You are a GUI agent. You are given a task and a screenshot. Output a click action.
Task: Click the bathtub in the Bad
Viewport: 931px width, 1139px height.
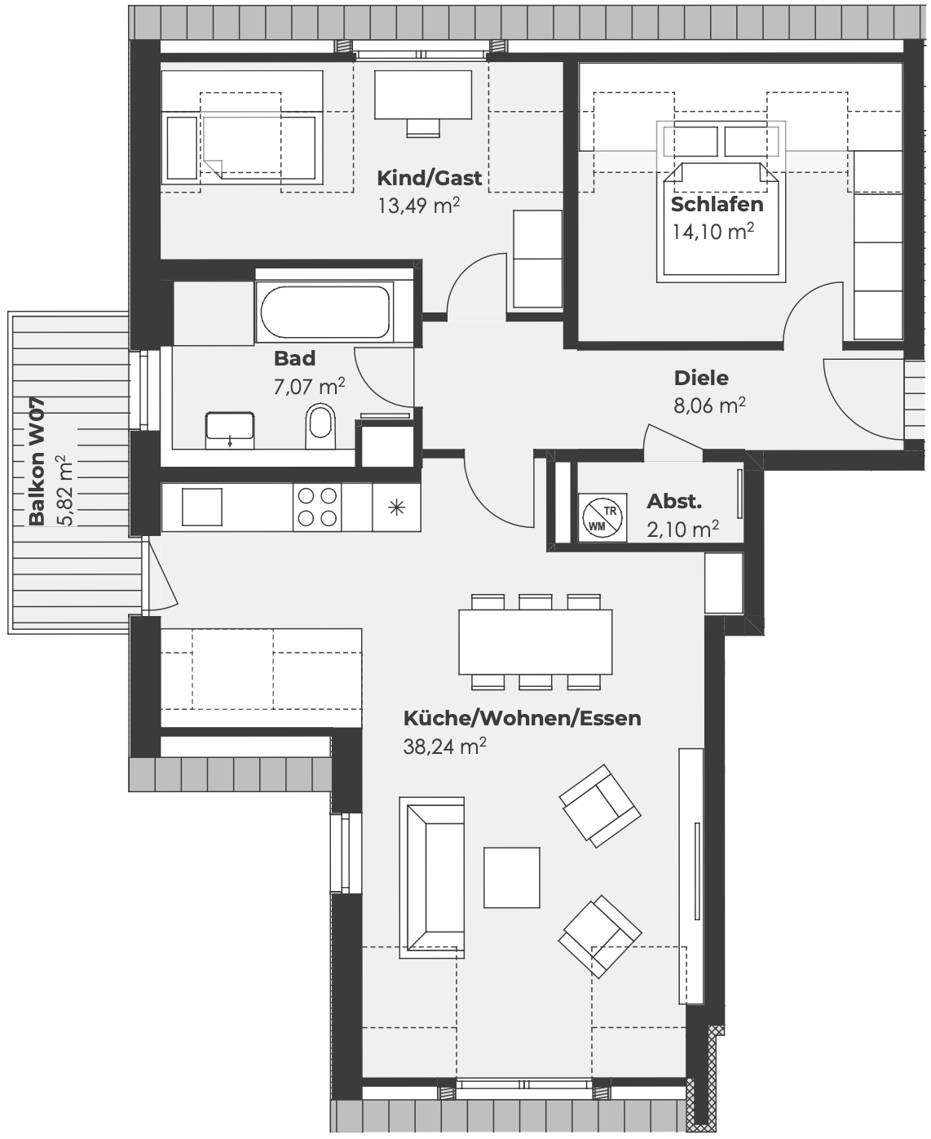(324, 312)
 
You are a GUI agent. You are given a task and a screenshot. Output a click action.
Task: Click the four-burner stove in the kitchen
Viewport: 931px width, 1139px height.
(317, 507)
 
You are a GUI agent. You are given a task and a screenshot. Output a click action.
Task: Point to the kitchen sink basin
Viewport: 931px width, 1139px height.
(202, 507)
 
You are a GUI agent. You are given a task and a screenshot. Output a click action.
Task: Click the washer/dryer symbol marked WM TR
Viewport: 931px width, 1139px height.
(602, 517)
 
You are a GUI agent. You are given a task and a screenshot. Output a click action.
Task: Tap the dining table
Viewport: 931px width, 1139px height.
(536, 641)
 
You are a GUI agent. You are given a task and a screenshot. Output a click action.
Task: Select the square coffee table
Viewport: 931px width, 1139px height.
(512, 878)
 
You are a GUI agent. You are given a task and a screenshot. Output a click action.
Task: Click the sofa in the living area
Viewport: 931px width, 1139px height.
(432, 878)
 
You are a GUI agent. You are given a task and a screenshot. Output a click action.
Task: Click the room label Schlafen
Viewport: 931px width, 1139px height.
(717, 204)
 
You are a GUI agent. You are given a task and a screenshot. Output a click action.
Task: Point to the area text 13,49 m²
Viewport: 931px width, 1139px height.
(419, 206)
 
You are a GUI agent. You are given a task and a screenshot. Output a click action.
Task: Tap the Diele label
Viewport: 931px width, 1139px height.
(701, 378)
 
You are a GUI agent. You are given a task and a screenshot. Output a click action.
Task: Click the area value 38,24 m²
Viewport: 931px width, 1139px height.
(445, 746)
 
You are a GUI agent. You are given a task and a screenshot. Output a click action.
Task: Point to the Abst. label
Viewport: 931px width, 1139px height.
(674, 501)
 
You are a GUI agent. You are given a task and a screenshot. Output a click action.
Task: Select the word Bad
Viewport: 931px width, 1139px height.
(294, 358)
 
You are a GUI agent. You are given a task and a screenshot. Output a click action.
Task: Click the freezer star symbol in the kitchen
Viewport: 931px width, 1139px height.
(397, 507)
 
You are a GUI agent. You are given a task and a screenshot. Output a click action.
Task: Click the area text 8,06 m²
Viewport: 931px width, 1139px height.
(710, 405)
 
